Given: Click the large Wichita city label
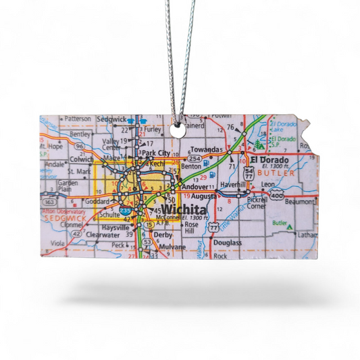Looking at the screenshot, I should pyautogui.click(x=185, y=209).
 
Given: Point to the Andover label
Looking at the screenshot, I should pyautogui.click(x=195, y=186).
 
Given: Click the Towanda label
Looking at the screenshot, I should pyautogui.click(x=205, y=149).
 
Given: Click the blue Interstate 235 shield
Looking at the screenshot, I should pyautogui.click(x=126, y=212).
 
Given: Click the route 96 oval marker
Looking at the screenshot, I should pyautogui.click(x=80, y=145).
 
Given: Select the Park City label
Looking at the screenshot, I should pyautogui.click(x=157, y=153).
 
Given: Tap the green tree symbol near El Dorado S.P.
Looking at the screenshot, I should pyautogui.click(x=261, y=143).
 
